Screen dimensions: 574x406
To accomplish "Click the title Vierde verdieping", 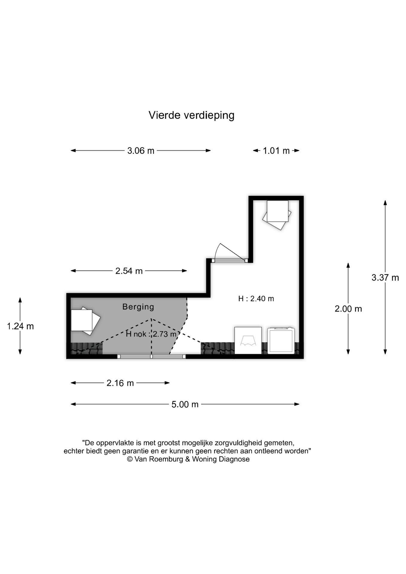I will (x=191, y=115).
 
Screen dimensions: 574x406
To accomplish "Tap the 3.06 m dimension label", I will (x=141, y=151).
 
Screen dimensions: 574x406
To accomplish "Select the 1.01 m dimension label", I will (x=276, y=151).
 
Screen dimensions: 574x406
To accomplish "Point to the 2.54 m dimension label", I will (x=129, y=271).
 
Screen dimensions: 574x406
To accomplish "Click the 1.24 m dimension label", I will (x=20, y=326).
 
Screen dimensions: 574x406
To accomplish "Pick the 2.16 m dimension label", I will (x=120, y=383).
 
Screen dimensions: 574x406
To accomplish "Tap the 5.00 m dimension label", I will (x=185, y=404).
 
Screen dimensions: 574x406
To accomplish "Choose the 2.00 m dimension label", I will (x=348, y=309).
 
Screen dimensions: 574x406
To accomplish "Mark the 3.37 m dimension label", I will (x=385, y=278).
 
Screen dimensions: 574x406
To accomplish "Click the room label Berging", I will (x=138, y=307).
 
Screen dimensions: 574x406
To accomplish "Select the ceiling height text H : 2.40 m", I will (x=256, y=299).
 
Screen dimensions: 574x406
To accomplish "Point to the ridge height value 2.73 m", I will (x=165, y=334).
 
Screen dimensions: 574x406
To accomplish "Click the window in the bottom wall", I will (x=151, y=356).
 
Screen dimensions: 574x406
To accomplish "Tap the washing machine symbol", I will (x=281, y=341).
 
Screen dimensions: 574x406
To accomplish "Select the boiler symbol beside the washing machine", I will (x=248, y=341).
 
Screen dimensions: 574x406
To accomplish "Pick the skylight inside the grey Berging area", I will (x=84, y=321).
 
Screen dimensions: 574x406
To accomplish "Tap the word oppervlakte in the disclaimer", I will (x=114, y=442).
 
